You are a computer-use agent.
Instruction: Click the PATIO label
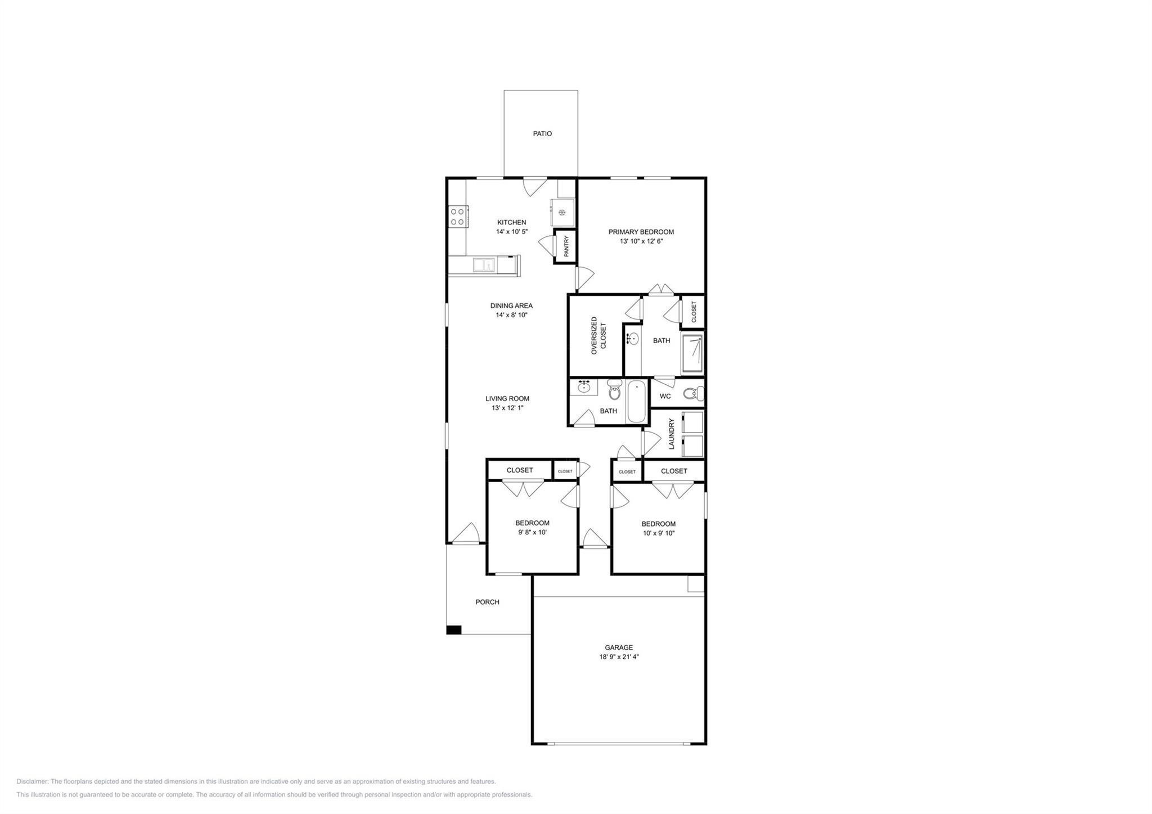coord(542,134)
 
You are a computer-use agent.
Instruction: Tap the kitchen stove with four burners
coord(457,217)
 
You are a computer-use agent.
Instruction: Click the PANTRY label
coord(566,246)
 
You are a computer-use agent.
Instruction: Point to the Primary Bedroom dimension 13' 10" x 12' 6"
coord(641,241)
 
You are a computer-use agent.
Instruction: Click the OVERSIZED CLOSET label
coord(598,335)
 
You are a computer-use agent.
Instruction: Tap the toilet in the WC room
coord(694,393)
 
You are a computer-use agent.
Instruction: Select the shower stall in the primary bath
coord(692,354)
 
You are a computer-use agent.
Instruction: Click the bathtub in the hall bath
coord(637,401)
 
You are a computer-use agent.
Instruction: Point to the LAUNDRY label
coord(671,433)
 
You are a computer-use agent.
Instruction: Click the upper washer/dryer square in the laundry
coord(692,422)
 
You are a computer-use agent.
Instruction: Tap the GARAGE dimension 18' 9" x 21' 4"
coord(619,657)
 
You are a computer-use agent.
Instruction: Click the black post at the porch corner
coord(453,630)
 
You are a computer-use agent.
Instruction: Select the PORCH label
coord(487,602)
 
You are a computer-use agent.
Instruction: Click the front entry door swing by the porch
coord(466,534)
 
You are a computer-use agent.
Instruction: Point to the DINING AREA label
coord(511,306)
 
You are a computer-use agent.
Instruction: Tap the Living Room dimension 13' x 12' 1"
coord(507,408)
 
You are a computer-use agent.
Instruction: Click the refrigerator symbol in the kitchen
coord(562,212)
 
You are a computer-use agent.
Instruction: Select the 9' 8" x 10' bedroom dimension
coord(532,532)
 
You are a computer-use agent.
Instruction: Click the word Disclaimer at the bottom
coord(33,781)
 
